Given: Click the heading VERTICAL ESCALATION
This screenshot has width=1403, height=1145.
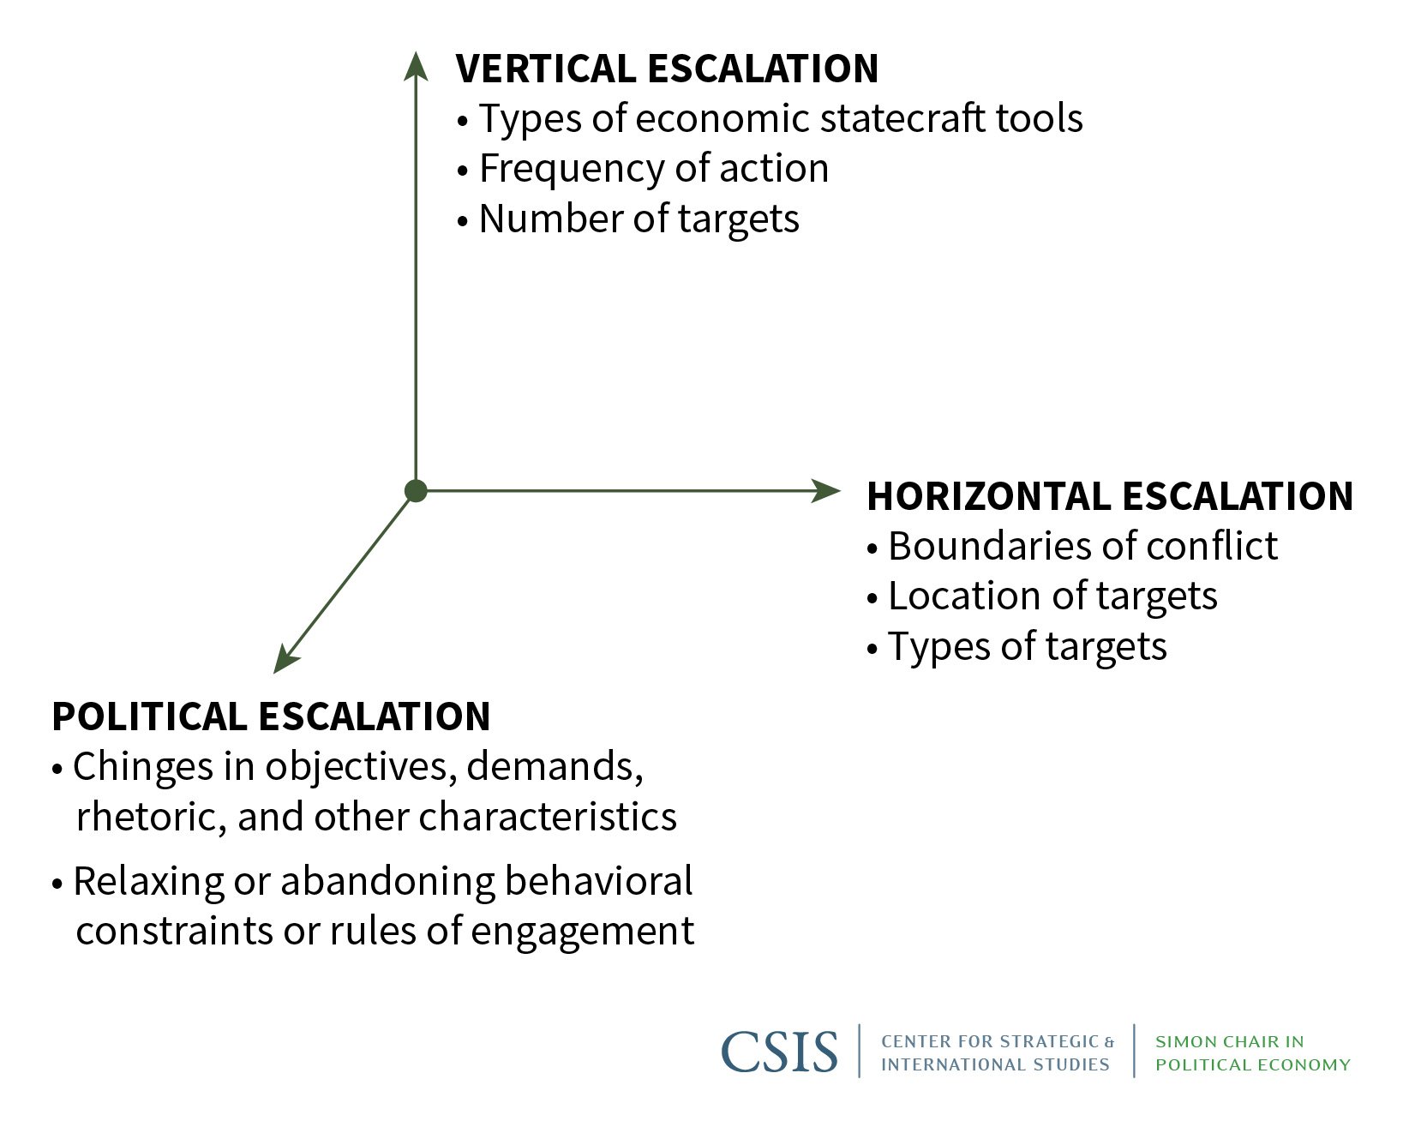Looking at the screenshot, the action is pyautogui.click(x=667, y=69).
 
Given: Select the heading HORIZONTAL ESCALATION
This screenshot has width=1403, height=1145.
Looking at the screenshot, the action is pyautogui.click(x=1110, y=497).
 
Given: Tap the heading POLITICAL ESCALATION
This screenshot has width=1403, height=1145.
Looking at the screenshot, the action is pyautogui.click(x=271, y=716).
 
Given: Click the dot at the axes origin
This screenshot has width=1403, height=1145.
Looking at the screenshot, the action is pyautogui.click(x=416, y=491).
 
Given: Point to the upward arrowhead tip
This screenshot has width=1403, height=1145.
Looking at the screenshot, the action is pyautogui.click(x=416, y=51).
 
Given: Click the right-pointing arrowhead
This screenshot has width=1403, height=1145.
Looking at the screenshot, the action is pyautogui.click(x=826, y=491).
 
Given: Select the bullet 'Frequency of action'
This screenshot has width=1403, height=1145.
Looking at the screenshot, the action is pyautogui.click(x=643, y=168).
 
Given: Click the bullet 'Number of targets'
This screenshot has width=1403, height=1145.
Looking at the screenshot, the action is pyautogui.click(x=628, y=219).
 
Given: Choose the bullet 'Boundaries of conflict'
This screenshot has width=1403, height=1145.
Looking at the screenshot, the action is pyautogui.click(x=1072, y=546).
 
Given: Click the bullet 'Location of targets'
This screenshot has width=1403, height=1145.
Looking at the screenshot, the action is pyautogui.click(x=1042, y=596).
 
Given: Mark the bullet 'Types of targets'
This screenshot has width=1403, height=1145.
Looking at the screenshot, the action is pyautogui.click(x=1016, y=646).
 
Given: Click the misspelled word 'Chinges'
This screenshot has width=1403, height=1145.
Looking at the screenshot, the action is pyautogui.click(x=141, y=767).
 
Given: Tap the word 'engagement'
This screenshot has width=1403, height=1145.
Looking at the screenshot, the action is pyautogui.click(x=582, y=932).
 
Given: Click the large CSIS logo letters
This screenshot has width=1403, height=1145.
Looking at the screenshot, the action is pyautogui.click(x=779, y=1052).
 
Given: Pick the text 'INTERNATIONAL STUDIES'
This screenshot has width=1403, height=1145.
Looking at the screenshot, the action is pyautogui.click(x=995, y=1064).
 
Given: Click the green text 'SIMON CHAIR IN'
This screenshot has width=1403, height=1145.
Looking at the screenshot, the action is pyautogui.click(x=1229, y=1042).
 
